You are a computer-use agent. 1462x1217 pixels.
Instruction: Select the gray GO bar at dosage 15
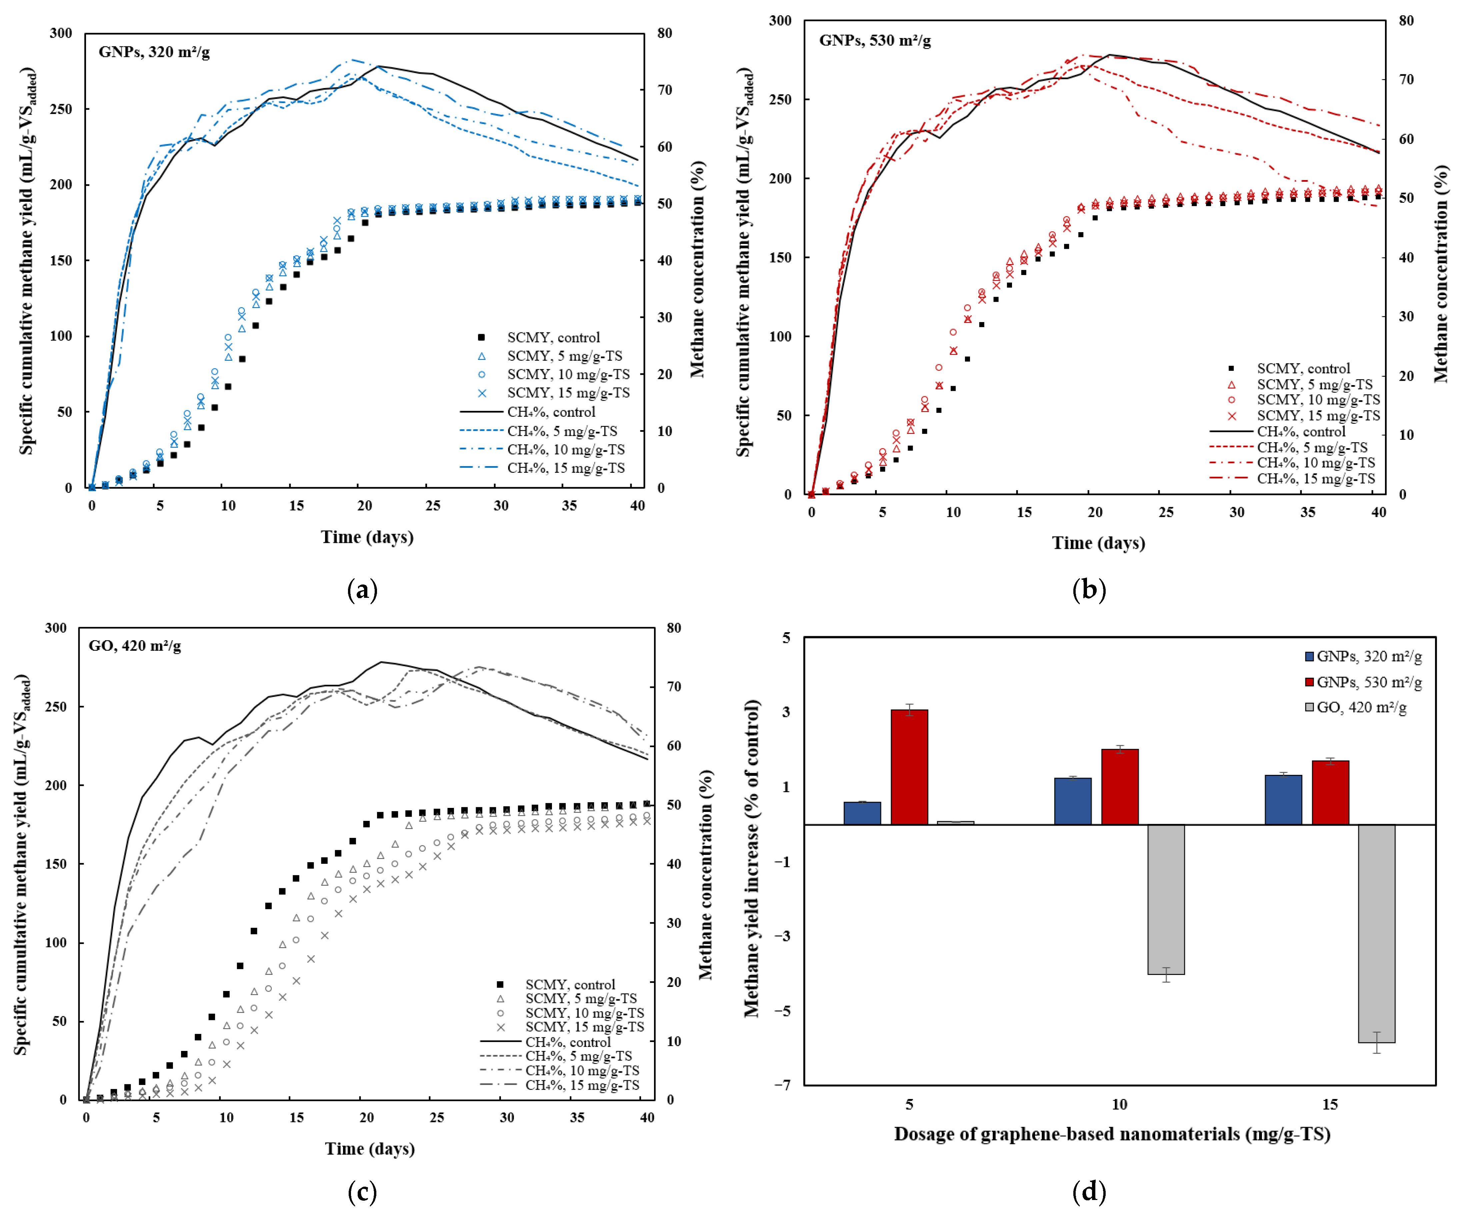pyautogui.click(x=1376, y=933)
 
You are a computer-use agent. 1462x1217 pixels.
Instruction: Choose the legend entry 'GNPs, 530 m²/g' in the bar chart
pyautogui.click(x=1369, y=682)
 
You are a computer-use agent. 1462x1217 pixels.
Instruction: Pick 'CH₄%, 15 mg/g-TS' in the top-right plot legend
pyautogui.click(x=1316, y=478)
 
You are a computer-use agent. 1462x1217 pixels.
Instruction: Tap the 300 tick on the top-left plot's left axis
pyautogui.click(x=61, y=33)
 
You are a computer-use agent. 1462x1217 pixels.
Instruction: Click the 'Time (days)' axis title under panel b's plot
pyautogui.click(x=1098, y=543)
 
